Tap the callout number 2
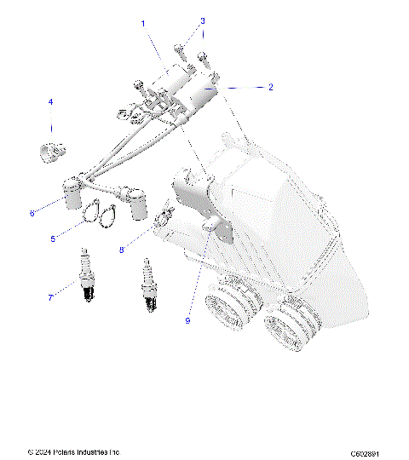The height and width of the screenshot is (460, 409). pyautogui.click(x=270, y=87)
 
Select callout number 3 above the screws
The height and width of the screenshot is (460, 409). pyautogui.click(x=202, y=20)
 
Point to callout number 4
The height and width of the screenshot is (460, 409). pyautogui.click(x=50, y=103)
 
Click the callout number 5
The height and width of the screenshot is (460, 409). pyautogui.click(x=53, y=239)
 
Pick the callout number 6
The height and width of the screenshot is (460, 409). pyautogui.click(x=32, y=213)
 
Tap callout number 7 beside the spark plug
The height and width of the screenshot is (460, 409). pyautogui.click(x=50, y=297)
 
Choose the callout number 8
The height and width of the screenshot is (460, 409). pyautogui.click(x=122, y=250)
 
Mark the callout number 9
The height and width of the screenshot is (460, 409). pyautogui.click(x=187, y=321)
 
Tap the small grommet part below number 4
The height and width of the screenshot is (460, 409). pyautogui.click(x=53, y=152)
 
